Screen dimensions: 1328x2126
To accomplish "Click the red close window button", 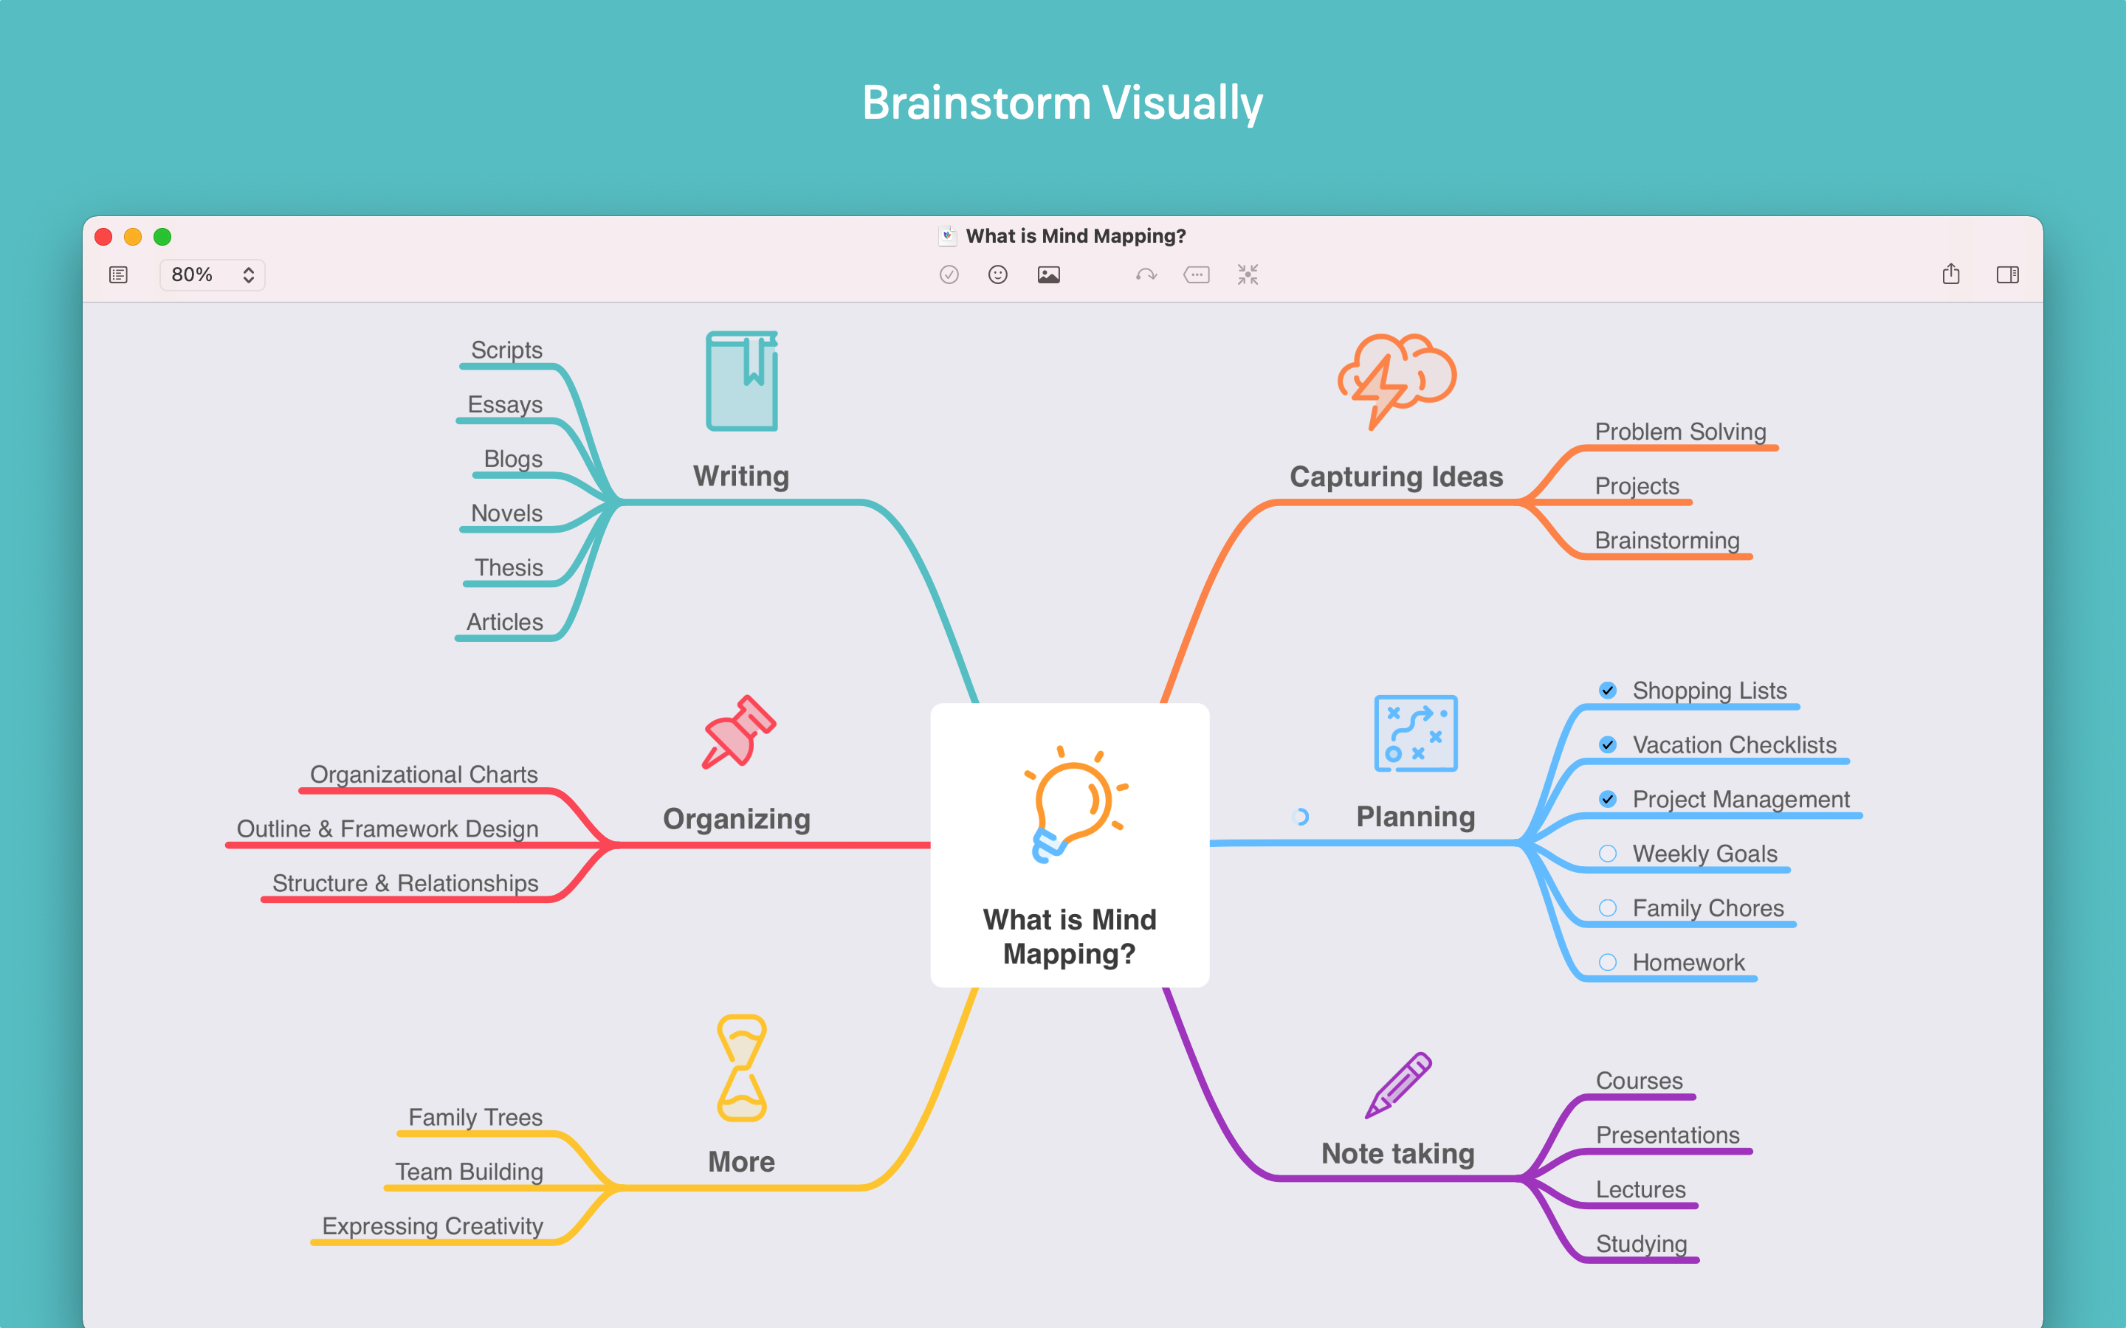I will pos(103,236).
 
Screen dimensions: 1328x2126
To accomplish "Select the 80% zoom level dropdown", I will pos(212,275).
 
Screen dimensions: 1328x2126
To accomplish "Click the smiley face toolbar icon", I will pos(997,275).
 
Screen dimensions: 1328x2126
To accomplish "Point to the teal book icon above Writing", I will pos(743,381).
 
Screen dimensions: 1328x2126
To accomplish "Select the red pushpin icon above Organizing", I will pos(738,732).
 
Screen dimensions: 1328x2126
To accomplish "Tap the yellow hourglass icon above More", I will pos(743,1068).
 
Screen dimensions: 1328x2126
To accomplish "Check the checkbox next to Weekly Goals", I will pos(1608,854).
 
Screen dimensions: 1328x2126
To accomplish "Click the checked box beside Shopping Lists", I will pos(1608,691).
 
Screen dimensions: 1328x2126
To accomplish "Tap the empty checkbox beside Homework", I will pos(1608,963).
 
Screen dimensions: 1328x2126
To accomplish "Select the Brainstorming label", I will pos(1667,540).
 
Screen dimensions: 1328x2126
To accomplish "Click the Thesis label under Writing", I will pos(509,567).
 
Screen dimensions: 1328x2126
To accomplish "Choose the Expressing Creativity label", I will pos(433,1226).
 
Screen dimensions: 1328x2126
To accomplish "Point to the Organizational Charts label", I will pos(424,775).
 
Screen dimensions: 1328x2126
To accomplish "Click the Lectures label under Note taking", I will pos(1640,1189).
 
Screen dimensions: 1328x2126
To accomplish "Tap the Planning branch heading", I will pos(1415,817).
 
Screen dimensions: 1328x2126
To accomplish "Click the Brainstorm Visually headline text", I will pos(1062,103).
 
